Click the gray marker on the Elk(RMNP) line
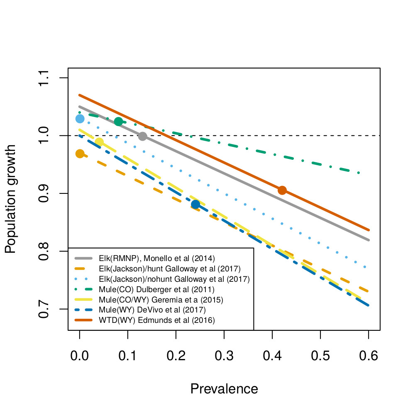142,136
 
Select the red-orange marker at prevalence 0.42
282,190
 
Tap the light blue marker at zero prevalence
80,119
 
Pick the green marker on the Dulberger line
118,122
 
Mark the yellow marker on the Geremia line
99,142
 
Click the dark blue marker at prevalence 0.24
195,204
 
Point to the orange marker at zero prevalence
80,154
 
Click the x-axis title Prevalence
224,389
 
